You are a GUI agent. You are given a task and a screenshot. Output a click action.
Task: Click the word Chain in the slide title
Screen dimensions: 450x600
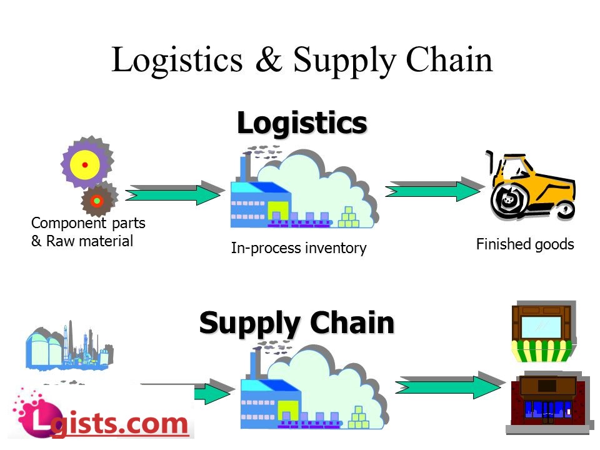449,61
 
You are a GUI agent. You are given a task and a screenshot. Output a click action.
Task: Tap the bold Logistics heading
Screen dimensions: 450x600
301,123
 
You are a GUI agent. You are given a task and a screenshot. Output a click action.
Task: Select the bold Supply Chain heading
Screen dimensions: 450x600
297,323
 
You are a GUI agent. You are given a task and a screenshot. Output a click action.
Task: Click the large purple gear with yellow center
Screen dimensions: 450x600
85,164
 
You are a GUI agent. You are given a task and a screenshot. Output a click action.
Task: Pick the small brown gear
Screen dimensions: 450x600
98,200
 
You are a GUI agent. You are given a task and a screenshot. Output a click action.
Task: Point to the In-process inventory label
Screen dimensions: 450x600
299,248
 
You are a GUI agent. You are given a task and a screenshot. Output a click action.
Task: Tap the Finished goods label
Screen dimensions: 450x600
525,244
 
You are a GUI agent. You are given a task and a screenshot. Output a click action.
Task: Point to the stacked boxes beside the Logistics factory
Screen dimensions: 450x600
349,216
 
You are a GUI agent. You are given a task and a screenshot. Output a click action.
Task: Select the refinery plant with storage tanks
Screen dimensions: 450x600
68,349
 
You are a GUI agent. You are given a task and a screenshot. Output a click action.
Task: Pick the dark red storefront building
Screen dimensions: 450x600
548,403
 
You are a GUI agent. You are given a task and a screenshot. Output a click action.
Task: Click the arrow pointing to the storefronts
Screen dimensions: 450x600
447,386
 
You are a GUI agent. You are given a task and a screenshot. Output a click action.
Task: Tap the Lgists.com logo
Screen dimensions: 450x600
100,416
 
